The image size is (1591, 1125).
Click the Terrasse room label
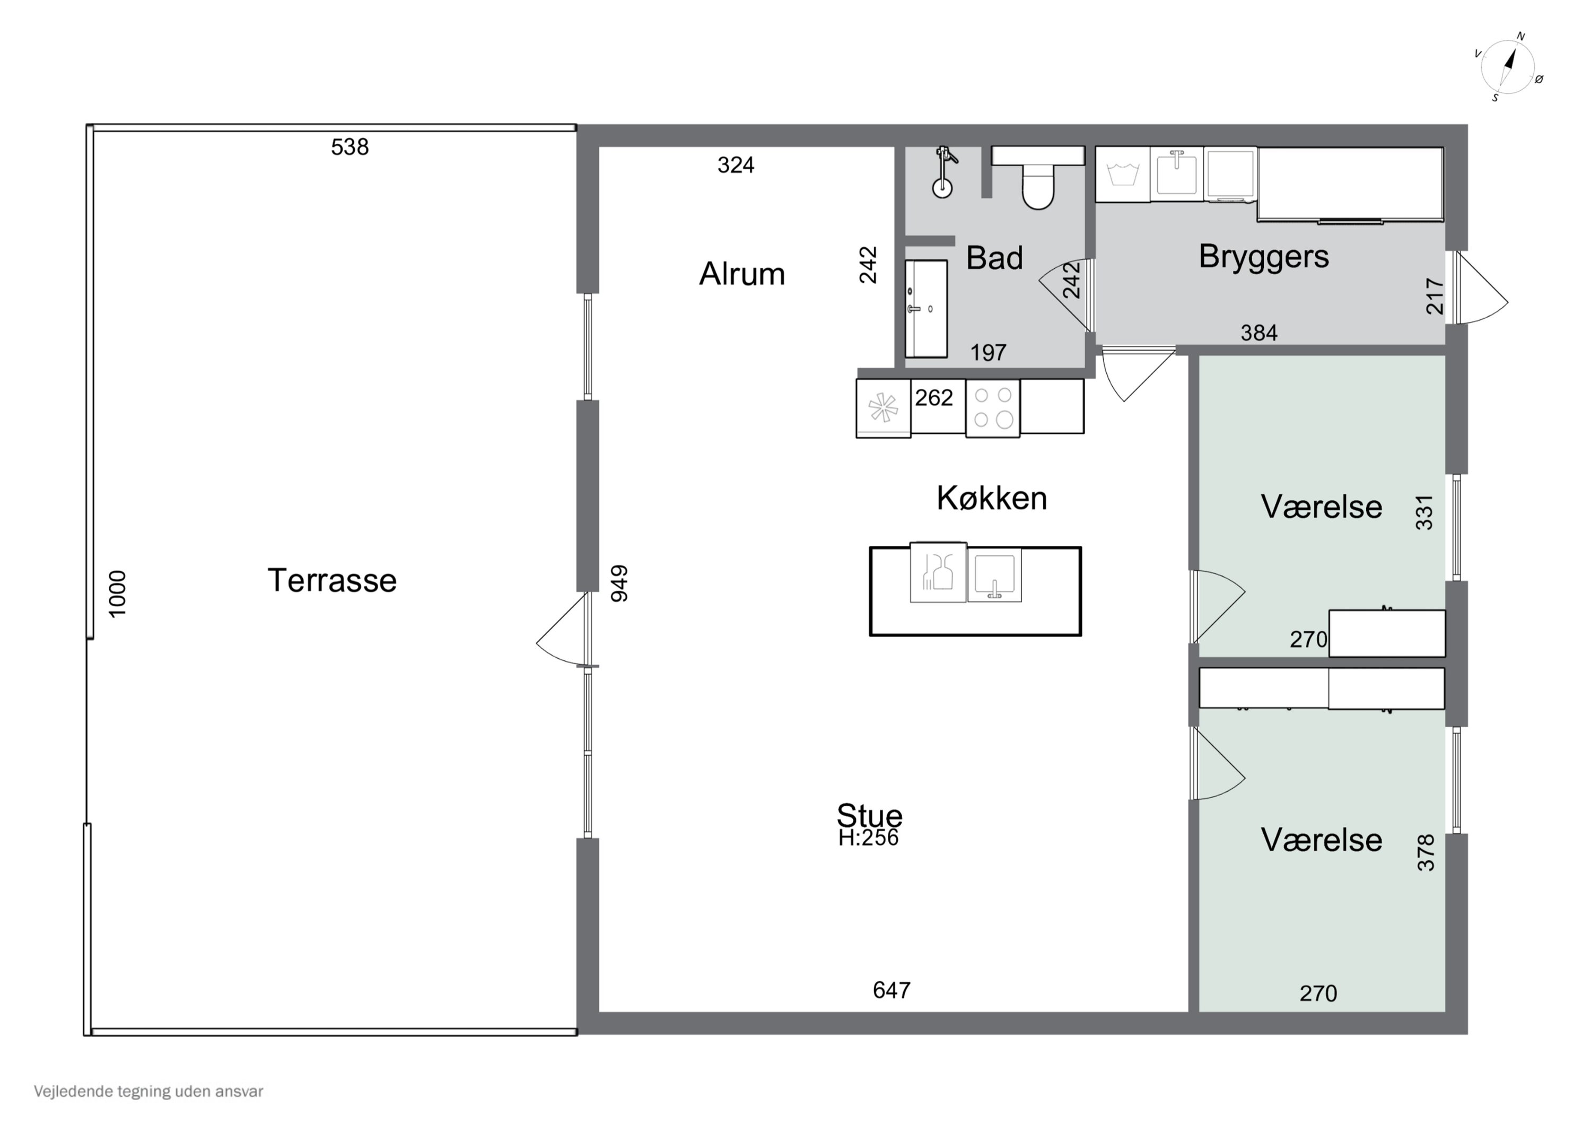pyautogui.click(x=332, y=580)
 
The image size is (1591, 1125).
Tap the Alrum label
pyautogui.click(x=742, y=274)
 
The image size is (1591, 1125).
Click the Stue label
pyautogui.click(x=870, y=815)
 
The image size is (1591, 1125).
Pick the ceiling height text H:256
pyautogui.click(x=868, y=838)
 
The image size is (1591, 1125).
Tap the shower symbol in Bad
pyautogui.click(x=944, y=172)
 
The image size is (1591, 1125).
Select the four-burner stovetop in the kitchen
pyautogui.click(x=993, y=407)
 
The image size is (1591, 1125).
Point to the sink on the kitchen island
pyautogui.click(x=994, y=574)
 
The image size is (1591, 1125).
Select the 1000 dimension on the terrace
pyautogui.click(x=118, y=594)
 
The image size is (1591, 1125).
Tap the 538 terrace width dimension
pyautogui.click(x=350, y=147)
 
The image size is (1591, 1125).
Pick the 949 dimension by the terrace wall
pyautogui.click(x=619, y=583)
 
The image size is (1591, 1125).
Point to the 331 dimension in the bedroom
pyautogui.click(x=1424, y=512)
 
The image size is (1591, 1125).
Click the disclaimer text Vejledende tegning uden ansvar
pyautogui.click(x=148, y=1092)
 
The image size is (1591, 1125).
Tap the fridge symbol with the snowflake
pyautogui.click(x=884, y=407)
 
